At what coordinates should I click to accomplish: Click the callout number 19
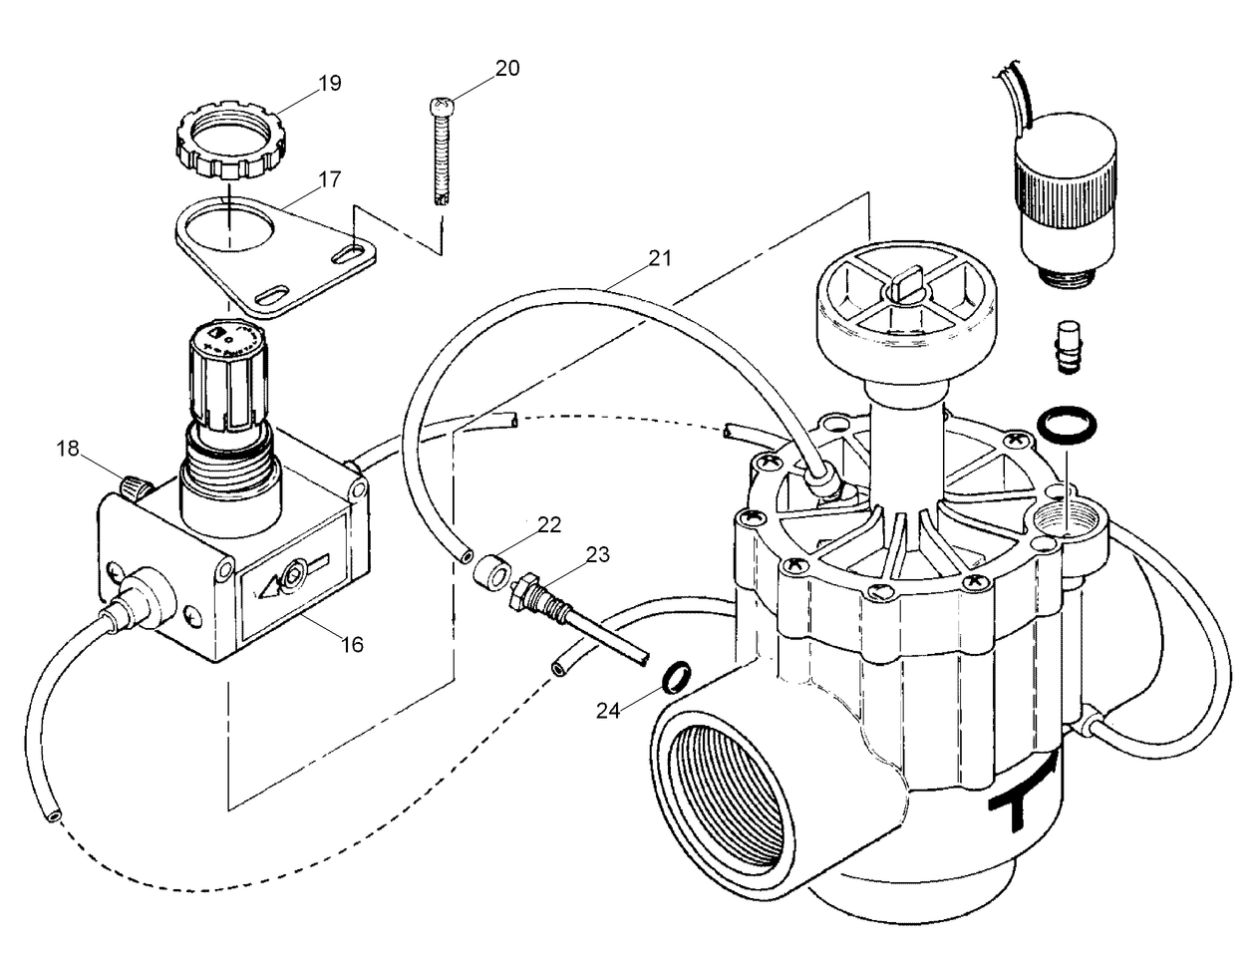(x=330, y=83)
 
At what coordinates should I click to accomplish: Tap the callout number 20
(x=507, y=68)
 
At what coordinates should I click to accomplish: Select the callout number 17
(x=330, y=179)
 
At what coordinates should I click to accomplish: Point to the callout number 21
(x=660, y=258)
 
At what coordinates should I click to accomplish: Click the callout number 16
(x=352, y=644)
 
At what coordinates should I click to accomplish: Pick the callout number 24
(x=609, y=710)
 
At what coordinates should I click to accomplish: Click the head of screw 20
(x=441, y=106)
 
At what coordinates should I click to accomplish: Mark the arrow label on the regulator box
(x=294, y=577)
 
